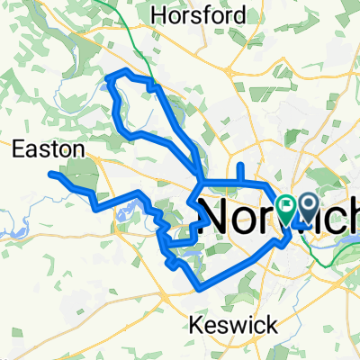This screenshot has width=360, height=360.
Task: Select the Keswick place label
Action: [224, 325]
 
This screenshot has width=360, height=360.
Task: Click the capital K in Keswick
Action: [196, 325]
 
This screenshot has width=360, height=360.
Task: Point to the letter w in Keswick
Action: [232, 326]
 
